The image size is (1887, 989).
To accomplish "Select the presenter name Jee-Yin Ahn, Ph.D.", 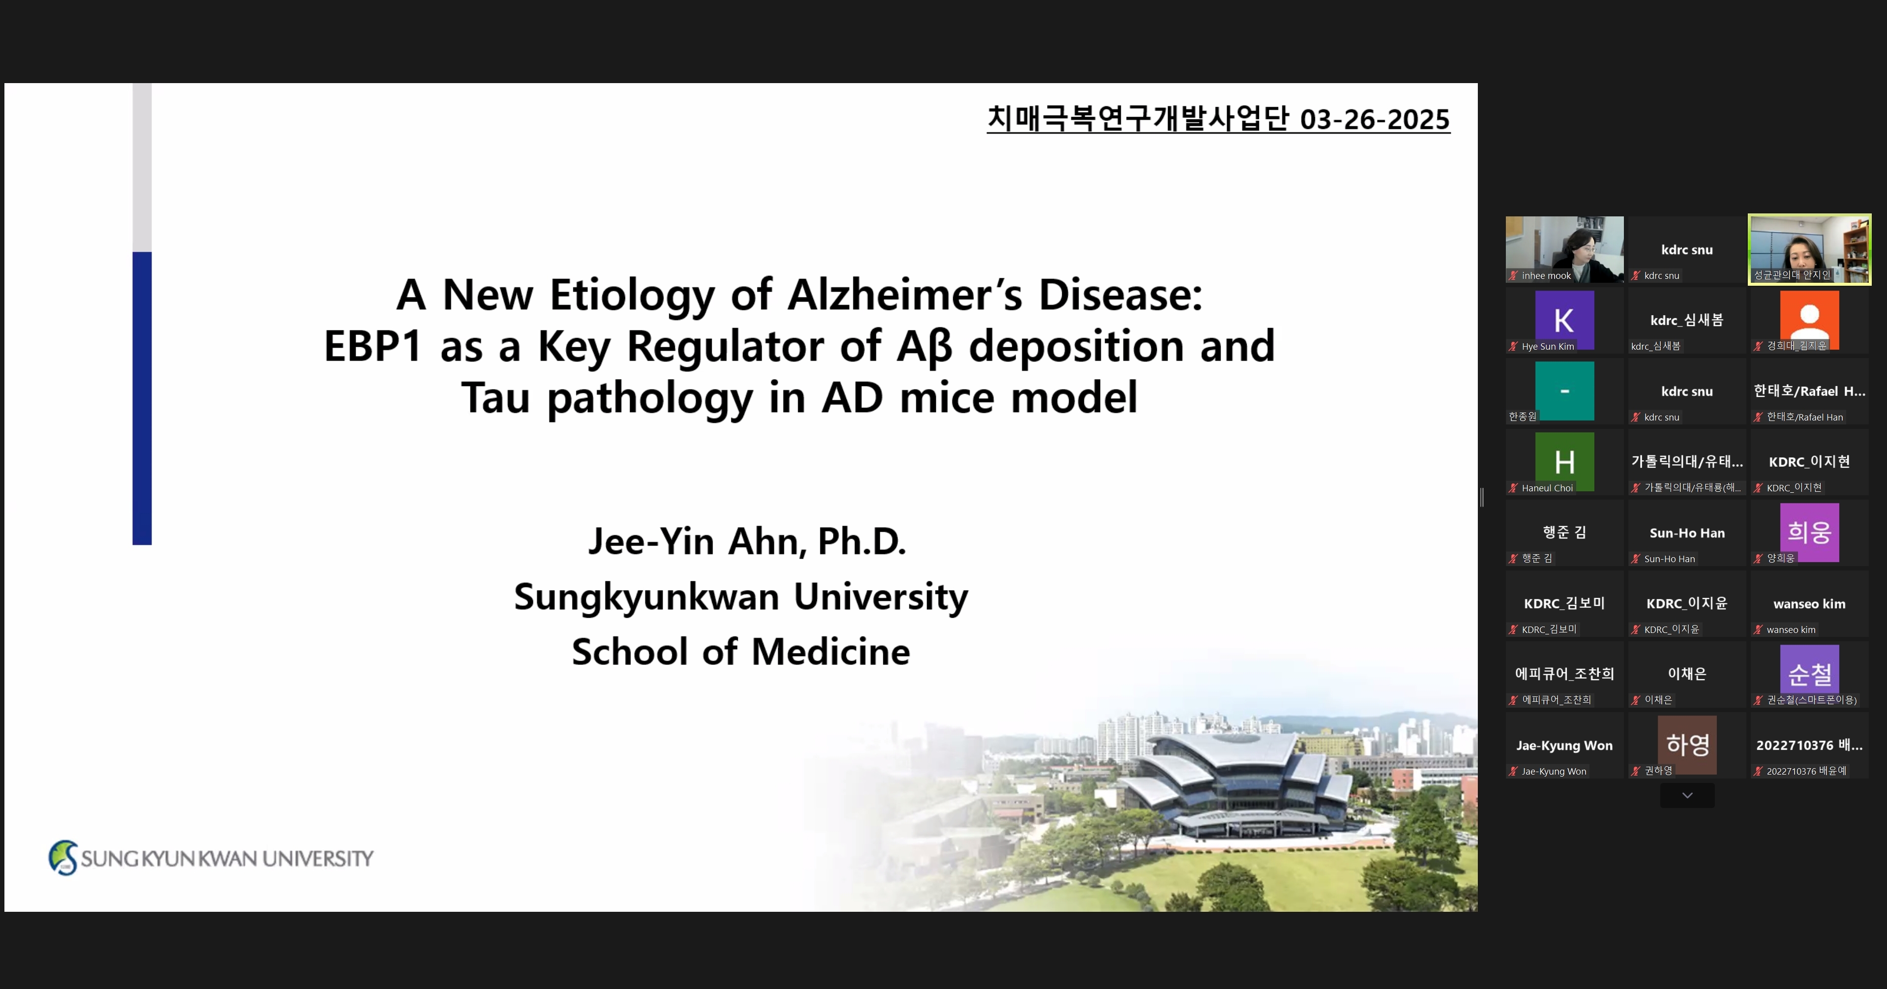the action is point(747,541).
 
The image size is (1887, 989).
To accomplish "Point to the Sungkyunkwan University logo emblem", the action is point(63,858).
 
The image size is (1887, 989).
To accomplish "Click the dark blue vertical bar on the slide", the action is point(142,398).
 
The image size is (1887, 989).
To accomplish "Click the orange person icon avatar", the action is point(1809,320).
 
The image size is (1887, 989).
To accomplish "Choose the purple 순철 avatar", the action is point(1809,674).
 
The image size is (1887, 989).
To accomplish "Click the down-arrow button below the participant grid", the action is point(1687,796).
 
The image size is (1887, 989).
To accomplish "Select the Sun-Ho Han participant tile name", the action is point(1687,533).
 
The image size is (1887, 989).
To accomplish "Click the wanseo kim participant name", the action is point(1809,603).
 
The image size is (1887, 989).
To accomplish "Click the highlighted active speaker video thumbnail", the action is point(1809,249).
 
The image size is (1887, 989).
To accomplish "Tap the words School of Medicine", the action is point(741,651).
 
